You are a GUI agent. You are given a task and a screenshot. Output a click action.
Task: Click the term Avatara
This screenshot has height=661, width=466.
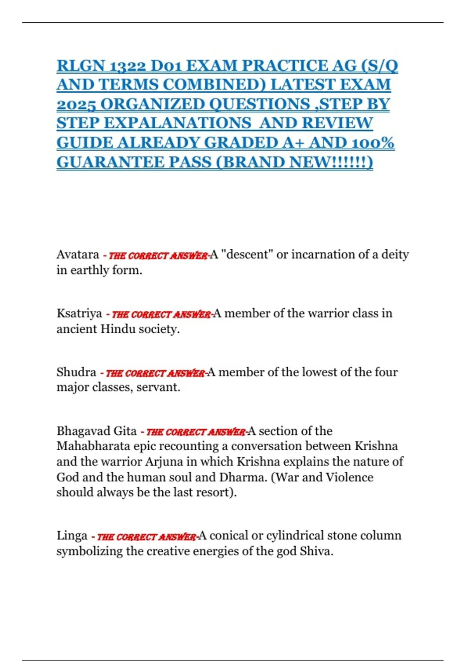[x=78, y=255]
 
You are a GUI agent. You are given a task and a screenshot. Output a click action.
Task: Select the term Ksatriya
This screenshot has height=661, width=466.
[x=79, y=313]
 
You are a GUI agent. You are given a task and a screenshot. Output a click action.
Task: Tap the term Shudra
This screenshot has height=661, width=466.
[x=76, y=372]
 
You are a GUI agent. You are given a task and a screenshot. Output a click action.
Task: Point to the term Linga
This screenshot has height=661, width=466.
[x=72, y=536]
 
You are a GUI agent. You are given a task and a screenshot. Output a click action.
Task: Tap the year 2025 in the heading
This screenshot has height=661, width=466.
[x=76, y=104]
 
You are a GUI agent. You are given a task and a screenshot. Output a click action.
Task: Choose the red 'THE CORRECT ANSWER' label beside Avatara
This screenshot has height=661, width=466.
[x=158, y=256]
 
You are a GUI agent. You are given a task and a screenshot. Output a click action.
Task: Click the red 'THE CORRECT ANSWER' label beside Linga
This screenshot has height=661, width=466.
[x=146, y=537]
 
